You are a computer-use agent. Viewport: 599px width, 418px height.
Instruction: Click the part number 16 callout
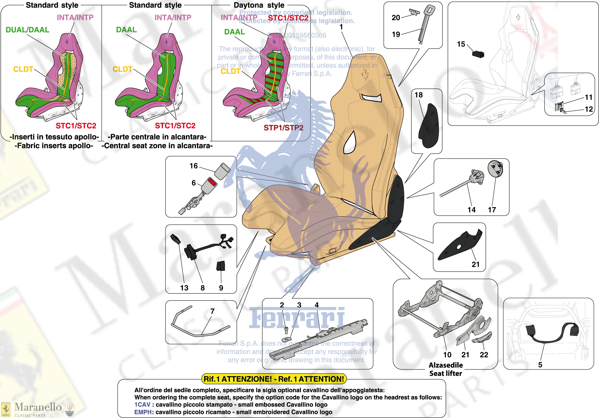[193, 166]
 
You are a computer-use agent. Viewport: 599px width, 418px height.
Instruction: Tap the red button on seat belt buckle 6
[212, 182]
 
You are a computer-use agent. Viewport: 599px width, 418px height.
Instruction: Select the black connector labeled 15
[478, 54]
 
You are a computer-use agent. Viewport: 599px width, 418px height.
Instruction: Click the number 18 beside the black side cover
[418, 95]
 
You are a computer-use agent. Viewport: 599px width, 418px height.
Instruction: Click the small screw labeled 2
[286, 330]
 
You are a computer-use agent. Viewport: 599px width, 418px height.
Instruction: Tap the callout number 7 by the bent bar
[212, 311]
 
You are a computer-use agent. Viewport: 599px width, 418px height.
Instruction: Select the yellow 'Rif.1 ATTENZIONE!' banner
[274, 379]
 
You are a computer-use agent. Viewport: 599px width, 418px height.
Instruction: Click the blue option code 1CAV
[142, 404]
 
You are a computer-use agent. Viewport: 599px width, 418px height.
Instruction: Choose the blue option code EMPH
[143, 412]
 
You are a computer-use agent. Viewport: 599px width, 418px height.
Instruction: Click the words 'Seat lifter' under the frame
[446, 373]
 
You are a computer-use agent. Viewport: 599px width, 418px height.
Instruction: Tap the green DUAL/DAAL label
[27, 30]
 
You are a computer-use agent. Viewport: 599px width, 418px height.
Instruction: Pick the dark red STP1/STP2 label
[283, 128]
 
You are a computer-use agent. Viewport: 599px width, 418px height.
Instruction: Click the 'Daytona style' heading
[259, 5]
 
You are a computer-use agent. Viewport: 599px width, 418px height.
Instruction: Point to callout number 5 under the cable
[540, 365]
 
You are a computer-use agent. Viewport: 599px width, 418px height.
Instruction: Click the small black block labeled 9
[221, 266]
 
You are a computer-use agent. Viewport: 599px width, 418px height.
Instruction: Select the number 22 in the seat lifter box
[484, 355]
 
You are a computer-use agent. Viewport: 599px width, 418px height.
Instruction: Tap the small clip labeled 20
[414, 12]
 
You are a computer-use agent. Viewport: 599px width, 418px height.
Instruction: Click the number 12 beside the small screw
[588, 109]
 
